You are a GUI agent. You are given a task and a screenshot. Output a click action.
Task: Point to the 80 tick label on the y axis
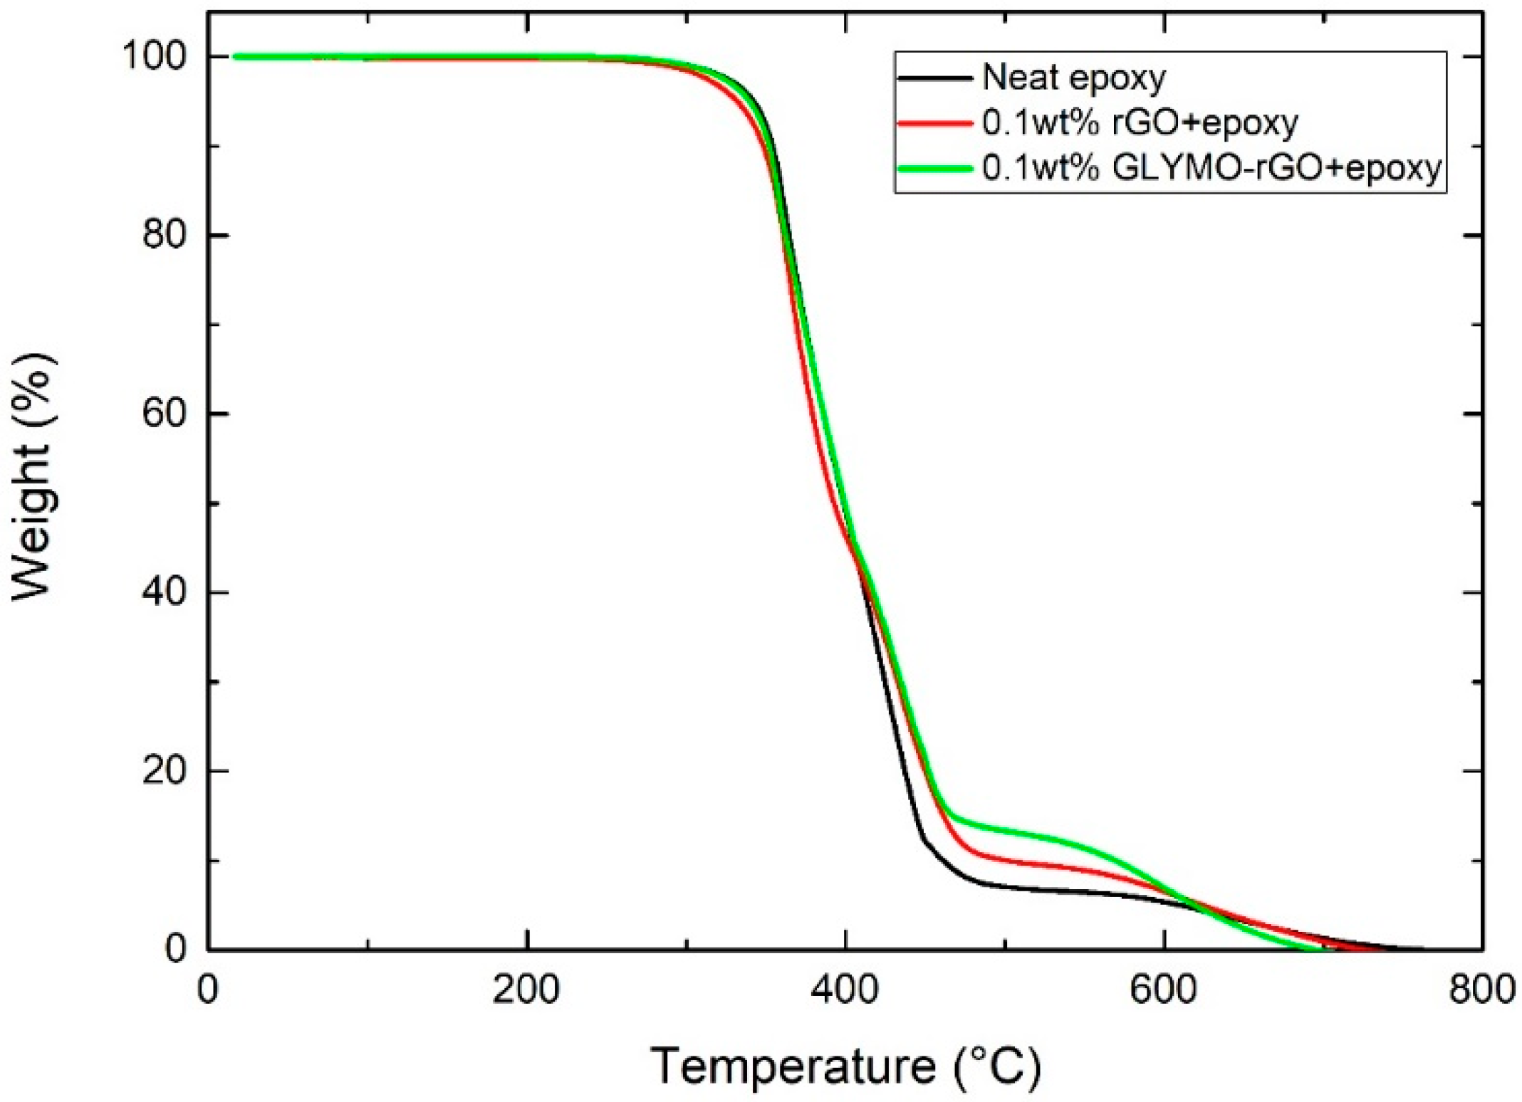tap(168, 235)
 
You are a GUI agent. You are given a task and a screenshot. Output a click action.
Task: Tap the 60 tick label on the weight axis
tap(168, 414)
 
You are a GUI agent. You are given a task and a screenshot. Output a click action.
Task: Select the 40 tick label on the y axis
tap(168, 592)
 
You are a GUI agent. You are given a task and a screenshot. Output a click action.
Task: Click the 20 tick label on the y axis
tap(168, 771)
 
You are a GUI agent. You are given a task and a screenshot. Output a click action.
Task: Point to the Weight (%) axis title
tap(33, 477)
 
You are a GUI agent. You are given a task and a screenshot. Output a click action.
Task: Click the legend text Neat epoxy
tap(1074, 78)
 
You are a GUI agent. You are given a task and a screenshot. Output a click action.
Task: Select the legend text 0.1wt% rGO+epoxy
tap(1140, 122)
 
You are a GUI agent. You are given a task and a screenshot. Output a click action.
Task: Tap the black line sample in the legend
tap(935, 78)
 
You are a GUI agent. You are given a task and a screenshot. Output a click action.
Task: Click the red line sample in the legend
tap(935, 123)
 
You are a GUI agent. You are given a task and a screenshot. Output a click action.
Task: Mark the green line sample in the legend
tap(935, 169)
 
